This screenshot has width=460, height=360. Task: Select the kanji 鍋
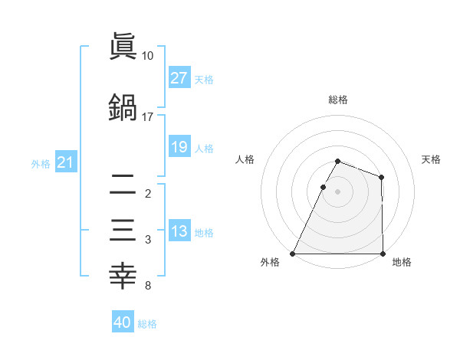click(123, 107)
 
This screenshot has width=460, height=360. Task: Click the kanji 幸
click(123, 277)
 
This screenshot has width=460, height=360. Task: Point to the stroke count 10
click(148, 56)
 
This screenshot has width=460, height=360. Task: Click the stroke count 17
click(148, 117)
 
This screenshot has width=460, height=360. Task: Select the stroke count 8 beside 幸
click(148, 286)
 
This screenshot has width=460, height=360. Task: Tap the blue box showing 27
click(179, 78)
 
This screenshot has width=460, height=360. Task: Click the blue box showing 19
click(179, 147)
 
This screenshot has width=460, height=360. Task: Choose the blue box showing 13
click(179, 231)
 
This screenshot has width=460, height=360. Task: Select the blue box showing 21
click(65, 162)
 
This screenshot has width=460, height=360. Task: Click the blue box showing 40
click(123, 322)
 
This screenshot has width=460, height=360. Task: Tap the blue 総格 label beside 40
click(147, 324)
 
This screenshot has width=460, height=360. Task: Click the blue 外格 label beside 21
click(41, 163)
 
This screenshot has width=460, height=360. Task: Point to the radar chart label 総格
click(338, 100)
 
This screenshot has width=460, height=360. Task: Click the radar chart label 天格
click(432, 159)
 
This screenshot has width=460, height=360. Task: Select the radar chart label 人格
click(245, 159)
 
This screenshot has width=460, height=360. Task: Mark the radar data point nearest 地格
click(383, 254)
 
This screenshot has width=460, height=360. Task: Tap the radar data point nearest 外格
click(293, 254)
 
